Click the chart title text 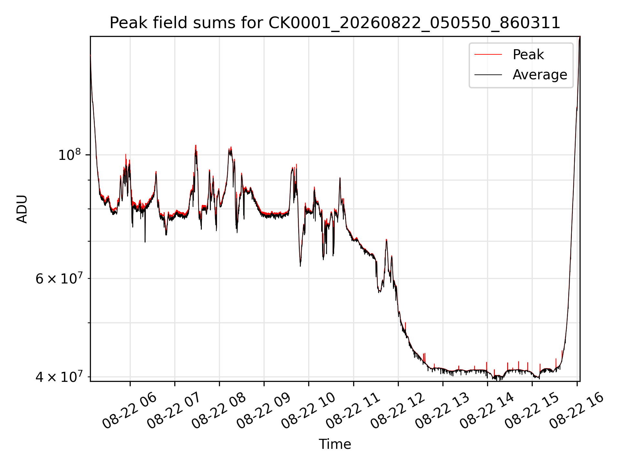pos(335,23)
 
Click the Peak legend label pos(528,54)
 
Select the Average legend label pos(540,75)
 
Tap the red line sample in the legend pos(488,54)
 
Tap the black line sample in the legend pos(488,75)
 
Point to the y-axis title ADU pos(22,209)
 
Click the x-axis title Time pos(335,444)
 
